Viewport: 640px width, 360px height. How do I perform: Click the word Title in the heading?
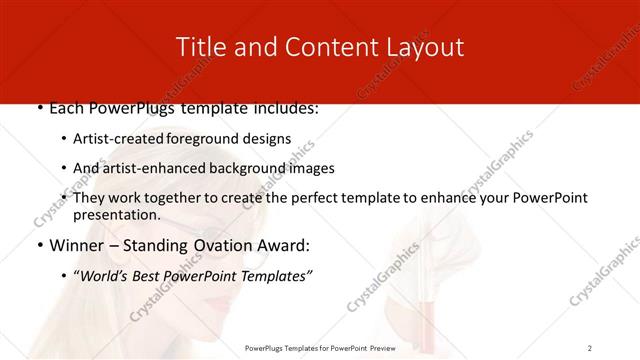[x=199, y=47]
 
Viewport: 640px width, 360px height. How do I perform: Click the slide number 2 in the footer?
[x=589, y=348]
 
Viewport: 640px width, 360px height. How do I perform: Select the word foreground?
[x=213, y=139]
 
